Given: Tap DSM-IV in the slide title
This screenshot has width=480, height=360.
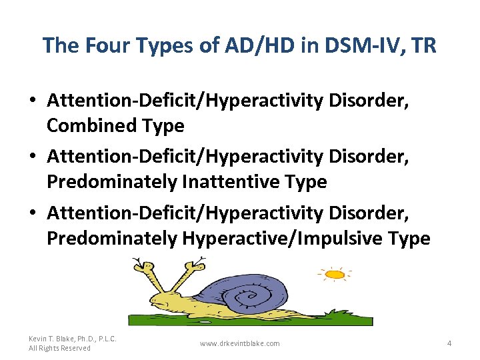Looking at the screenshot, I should [x=352, y=45].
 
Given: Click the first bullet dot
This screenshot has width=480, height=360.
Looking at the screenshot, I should [x=33, y=102].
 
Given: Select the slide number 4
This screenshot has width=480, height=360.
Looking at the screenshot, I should [x=449, y=343].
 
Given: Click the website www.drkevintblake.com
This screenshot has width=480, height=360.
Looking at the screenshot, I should [x=239, y=343].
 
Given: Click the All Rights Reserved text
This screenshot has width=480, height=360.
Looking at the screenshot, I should [x=59, y=348].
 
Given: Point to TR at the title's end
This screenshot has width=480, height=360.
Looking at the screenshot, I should [x=424, y=45].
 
